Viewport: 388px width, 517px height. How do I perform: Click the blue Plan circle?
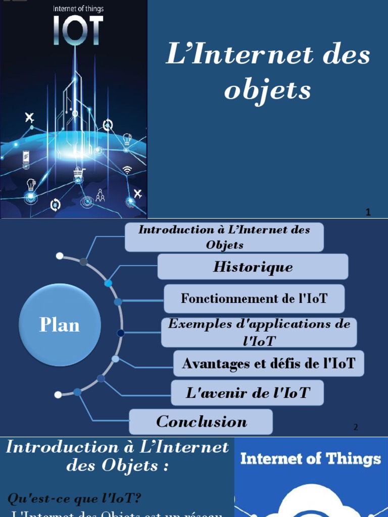[x=60, y=325]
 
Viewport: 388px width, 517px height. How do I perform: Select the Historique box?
[x=253, y=267]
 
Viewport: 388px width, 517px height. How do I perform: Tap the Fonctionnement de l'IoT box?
[x=254, y=298]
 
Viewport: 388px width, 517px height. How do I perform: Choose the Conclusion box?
[x=201, y=422]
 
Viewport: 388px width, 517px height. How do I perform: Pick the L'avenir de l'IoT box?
[x=247, y=393]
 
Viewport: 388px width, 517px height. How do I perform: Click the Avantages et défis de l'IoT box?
[x=268, y=363]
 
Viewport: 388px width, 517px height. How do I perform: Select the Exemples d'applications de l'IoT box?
[x=259, y=332]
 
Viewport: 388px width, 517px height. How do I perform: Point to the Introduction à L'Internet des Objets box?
[x=224, y=237]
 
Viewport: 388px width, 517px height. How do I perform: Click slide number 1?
[x=368, y=213]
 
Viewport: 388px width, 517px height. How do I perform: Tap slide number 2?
[x=356, y=427]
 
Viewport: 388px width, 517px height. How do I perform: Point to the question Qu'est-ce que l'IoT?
[x=74, y=498]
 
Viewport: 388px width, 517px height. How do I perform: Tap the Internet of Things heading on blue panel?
[x=310, y=458]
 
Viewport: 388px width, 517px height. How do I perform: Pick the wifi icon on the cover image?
[x=127, y=170]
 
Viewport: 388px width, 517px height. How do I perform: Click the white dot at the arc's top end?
[x=60, y=256]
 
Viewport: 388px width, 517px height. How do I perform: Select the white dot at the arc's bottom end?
[x=58, y=394]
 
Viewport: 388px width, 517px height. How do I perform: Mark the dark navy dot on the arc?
[x=120, y=333]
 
